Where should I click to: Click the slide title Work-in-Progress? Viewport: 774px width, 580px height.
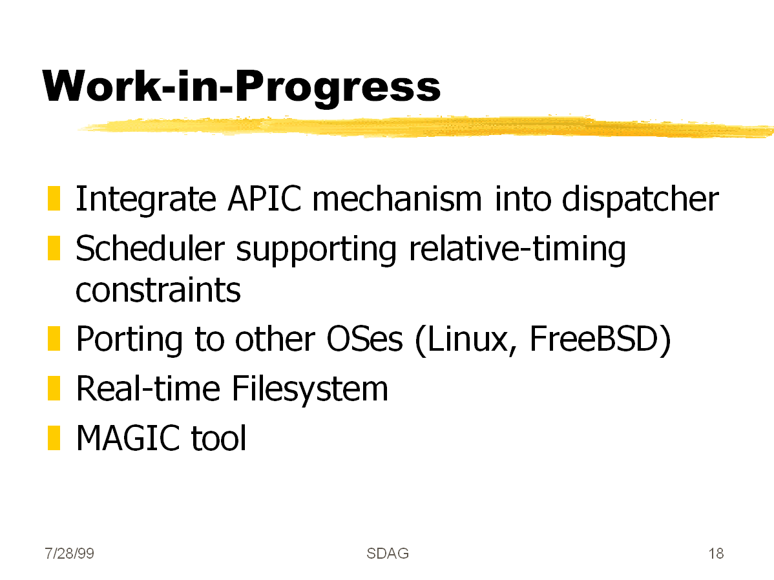click(242, 88)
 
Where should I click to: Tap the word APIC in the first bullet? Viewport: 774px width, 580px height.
click(264, 199)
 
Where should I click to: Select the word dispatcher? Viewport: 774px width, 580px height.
click(640, 200)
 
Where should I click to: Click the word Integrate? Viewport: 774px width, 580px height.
click(145, 200)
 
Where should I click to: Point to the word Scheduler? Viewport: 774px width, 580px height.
click(150, 248)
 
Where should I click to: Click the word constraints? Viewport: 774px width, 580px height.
click(158, 290)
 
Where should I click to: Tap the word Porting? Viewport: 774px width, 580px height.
click(129, 340)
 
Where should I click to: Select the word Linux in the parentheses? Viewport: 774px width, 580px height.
click(466, 340)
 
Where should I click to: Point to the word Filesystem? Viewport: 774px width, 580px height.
click(310, 389)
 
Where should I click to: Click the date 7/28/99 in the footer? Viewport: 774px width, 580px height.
click(69, 554)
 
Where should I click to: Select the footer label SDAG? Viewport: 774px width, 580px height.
click(388, 554)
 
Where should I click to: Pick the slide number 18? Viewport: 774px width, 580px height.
click(716, 554)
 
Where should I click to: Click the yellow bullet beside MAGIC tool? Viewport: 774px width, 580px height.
click(54, 438)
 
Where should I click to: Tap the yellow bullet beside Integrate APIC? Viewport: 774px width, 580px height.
click(54, 198)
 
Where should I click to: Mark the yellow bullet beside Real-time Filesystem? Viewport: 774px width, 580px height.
click(54, 388)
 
